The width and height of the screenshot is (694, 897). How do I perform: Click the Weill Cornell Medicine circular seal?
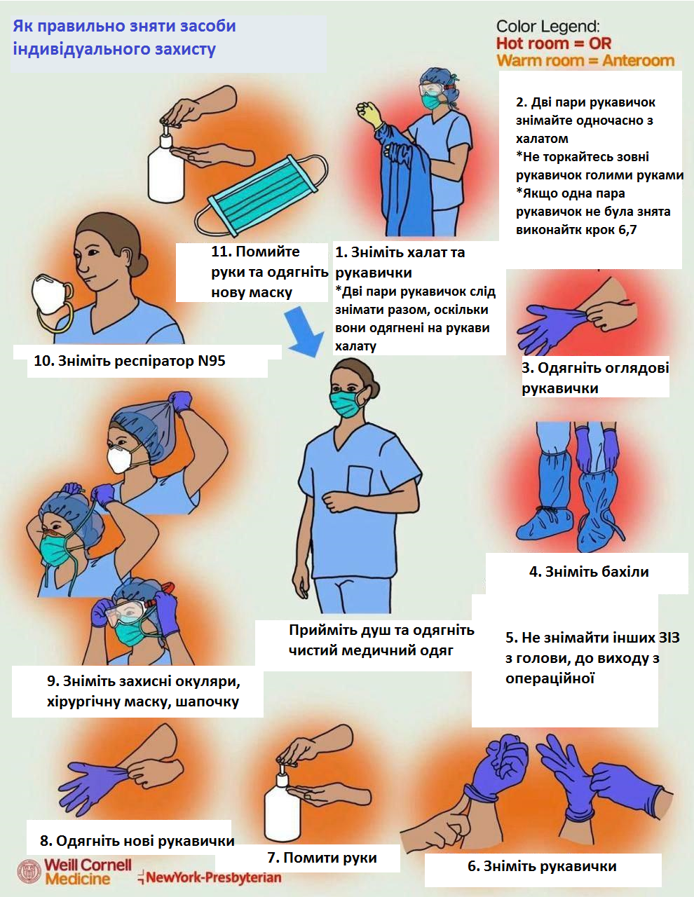click(x=29, y=871)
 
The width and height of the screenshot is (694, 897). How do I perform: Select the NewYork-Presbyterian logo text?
click(x=210, y=877)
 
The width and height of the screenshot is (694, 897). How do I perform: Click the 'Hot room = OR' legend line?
click(x=553, y=43)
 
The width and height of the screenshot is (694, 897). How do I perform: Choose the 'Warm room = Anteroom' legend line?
click(x=585, y=61)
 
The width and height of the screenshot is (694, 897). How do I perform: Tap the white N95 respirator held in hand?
click(x=50, y=294)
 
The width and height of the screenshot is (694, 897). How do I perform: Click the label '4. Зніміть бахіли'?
click(x=589, y=572)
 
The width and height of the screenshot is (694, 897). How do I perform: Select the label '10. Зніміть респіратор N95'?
click(x=130, y=361)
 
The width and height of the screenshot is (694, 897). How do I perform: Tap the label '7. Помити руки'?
click(x=322, y=858)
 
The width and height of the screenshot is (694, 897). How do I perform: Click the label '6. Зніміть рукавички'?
click(x=542, y=866)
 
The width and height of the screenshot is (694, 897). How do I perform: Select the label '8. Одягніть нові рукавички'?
click(x=137, y=841)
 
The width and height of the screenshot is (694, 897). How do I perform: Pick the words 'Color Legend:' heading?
click(x=548, y=27)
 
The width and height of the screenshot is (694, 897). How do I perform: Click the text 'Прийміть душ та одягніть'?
click(x=381, y=630)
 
